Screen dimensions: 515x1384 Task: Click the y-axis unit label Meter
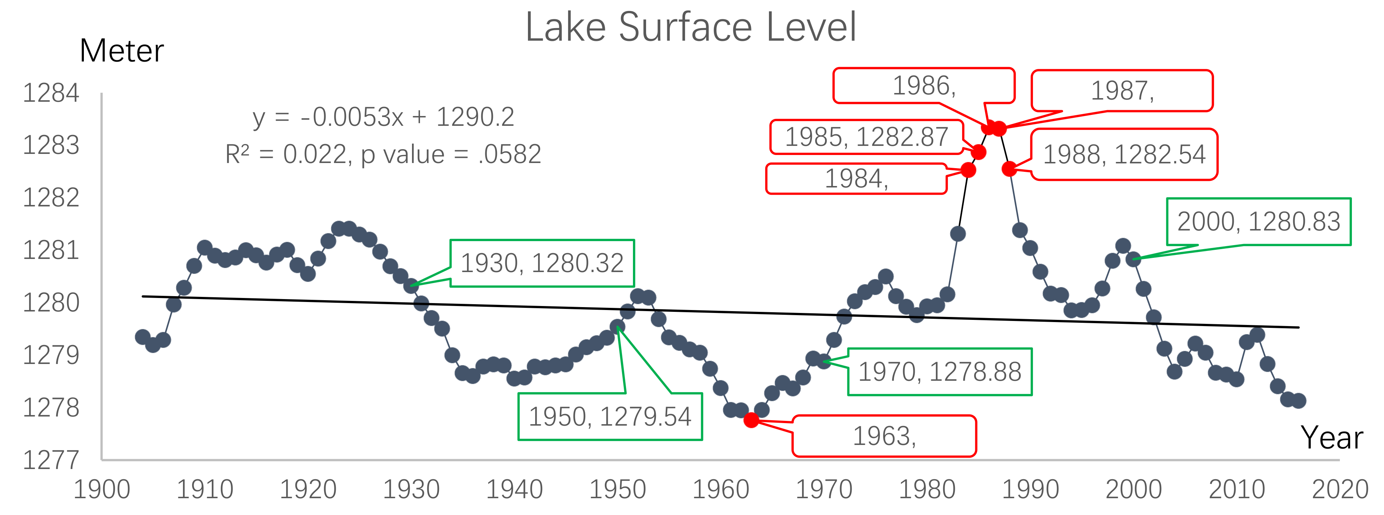pyautogui.click(x=121, y=51)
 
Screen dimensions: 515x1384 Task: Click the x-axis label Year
pyautogui.click(x=1331, y=438)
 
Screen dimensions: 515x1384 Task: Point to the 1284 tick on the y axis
pyautogui.click(x=51, y=93)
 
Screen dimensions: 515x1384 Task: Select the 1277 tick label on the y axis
pyautogui.click(x=51, y=460)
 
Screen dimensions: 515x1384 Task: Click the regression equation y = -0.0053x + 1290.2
pyautogui.click(x=383, y=117)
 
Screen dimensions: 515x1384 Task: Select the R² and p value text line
pyautogui.click(x=383, y=155)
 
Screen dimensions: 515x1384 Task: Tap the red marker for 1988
pyautogui.click(x=1009, y=169)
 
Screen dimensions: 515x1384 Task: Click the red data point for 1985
pyautogui.click(x=978, y=152)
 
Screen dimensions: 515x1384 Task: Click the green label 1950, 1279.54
pyautogui.click(x=610, y=417)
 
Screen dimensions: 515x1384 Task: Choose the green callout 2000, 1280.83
pyautogui.click(x=1258, y=221)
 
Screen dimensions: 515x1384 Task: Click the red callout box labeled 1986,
pyautogui.click(x=924, y=85)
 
